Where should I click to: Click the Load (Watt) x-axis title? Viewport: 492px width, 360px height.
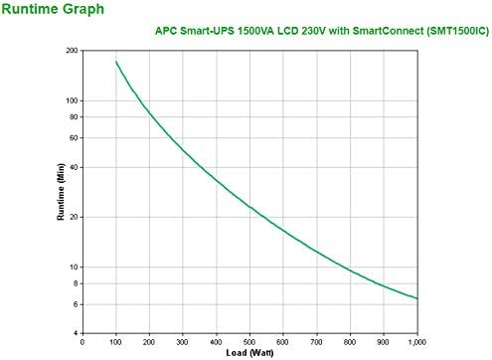pyautogui.click(x=249, y=353)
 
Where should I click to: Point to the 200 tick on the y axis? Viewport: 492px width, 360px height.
pyautogui.click(x=72, y=50)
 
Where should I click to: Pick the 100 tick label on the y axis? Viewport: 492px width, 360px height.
pyautogui.click(x=72, y=99)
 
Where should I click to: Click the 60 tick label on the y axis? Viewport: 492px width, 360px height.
pyautogui.click(x=74, y=137)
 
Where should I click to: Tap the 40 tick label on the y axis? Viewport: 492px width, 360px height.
pyautogui.click(x=74, y=166)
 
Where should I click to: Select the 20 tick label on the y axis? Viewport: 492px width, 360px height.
pyautogui.click(x=74, y=217)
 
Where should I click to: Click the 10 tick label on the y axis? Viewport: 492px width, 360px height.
pyautogui.click(x=74, y=267)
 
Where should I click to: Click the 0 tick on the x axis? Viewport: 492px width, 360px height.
pyautogui.click(x=82, y=342)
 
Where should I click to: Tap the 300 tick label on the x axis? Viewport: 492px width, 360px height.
pyautogui.click(x=183, y=342)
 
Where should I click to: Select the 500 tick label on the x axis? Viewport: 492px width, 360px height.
pyautogui.click(x=249, y=342)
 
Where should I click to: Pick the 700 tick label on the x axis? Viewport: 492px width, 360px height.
pyautogui.click(x=316, y=342)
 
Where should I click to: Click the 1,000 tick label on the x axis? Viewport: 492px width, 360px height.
pyautogui.click(x=414, y=342)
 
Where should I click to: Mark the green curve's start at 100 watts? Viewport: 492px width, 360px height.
pyautogui.click(x=116, y=62)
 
